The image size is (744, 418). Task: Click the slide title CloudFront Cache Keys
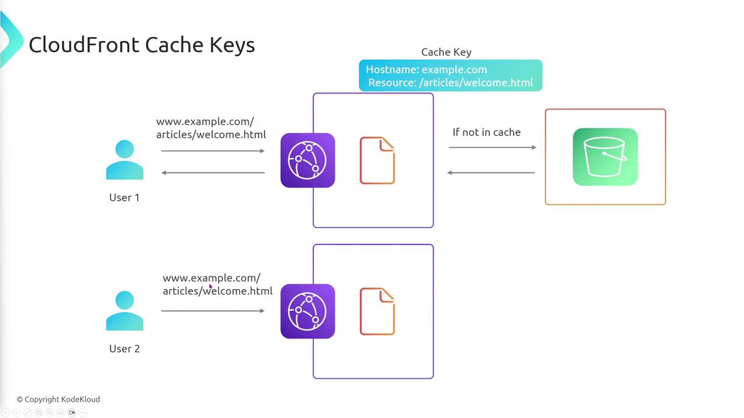coord(141,45)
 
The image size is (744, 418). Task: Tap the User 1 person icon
coord(124,160)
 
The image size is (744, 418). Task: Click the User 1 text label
coord(124,197)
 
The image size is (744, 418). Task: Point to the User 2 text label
coord(124,348)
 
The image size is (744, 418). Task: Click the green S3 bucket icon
coord(605,157)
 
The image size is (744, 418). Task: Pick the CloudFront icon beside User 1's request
coord(307,160)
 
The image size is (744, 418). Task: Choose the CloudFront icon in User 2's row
coord(307,311)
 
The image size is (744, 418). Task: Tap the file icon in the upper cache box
coord(377,161)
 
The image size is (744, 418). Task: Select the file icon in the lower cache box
coord(377,312)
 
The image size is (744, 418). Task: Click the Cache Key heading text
coord(446,52)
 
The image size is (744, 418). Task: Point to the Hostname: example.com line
coord(426,70)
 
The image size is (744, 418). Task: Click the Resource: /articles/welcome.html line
coord(450,82)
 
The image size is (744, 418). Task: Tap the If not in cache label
coord(487,132)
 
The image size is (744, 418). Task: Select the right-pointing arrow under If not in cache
coord(492,147)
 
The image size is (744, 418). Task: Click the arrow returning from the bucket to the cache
coord(491,172)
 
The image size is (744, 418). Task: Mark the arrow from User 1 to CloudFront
coord(213,151)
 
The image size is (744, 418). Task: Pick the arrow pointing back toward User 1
coord(213,172)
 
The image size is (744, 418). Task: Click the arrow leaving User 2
coord(213,311)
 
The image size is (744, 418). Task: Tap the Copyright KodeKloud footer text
coord(58,399)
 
